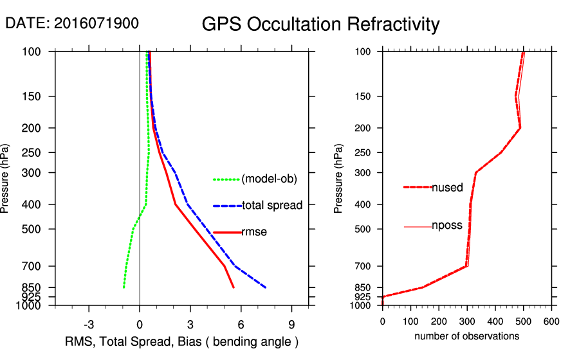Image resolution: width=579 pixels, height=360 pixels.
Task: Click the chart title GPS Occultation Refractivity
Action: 320,24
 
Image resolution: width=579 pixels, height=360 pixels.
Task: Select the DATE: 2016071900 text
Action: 71,23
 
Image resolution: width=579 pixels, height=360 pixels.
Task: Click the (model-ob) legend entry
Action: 269,179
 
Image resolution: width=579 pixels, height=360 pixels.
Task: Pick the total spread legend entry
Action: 271,206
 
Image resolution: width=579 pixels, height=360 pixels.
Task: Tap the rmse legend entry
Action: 254,232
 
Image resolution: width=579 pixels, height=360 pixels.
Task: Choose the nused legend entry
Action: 447,188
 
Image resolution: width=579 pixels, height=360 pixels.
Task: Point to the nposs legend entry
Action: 447,226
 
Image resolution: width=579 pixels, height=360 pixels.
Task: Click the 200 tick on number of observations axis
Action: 439,321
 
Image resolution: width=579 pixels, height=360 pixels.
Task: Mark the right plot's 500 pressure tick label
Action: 362,229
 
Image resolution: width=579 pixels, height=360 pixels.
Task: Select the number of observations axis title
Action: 466,336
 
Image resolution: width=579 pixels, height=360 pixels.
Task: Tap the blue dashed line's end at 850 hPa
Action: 266,287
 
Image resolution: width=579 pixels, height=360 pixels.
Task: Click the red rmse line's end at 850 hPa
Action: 234,287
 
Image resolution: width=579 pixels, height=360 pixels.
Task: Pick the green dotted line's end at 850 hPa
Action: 124,287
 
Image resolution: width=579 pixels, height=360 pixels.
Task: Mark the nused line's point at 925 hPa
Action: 383,297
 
